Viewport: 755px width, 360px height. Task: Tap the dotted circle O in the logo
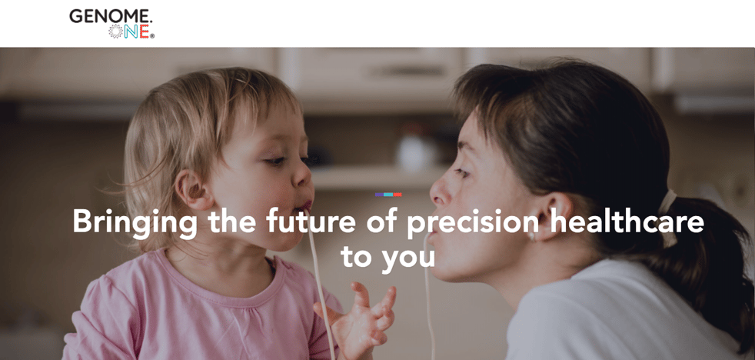115,32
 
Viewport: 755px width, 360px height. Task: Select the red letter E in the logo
144,32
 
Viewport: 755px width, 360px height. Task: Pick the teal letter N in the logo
131,32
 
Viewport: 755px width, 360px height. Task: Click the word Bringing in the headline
135,223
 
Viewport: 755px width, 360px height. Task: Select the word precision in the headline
473,223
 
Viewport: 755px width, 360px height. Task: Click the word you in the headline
408,258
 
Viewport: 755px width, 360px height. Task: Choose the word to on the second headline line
356,256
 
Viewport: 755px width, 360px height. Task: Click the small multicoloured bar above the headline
388,195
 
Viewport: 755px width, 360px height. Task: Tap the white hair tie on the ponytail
667,218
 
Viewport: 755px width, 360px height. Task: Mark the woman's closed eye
463,172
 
